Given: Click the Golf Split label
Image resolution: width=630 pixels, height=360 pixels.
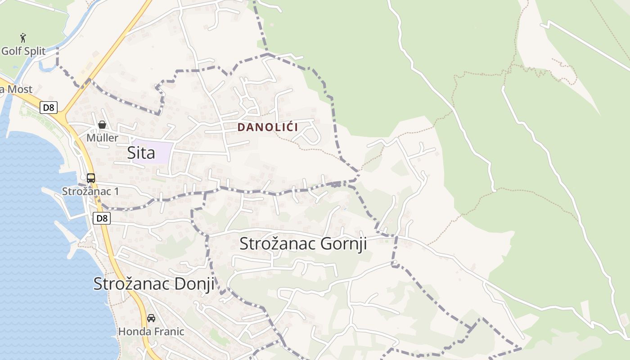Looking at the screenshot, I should click(x=23, y=51).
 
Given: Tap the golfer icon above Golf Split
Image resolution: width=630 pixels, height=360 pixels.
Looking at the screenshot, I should click(x=23, y=38).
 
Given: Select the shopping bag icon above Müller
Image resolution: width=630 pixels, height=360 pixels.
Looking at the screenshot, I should click(x=102, y=125).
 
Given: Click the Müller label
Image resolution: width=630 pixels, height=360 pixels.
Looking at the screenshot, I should click(x=102, y=138).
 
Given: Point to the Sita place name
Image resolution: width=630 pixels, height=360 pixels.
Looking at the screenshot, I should click(x=141, y=153).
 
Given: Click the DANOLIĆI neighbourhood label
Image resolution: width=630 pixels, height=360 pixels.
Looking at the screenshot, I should click(x=267, y=127).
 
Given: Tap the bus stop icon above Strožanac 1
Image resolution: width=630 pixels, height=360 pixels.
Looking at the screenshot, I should click(x=91, y=178).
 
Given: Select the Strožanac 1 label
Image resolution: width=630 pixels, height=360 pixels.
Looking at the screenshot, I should click(x=90, y=191).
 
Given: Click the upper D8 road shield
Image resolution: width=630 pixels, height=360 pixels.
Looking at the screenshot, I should click(x=48, y=108).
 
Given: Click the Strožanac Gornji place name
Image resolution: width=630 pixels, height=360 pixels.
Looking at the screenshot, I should click(x=303, y=243).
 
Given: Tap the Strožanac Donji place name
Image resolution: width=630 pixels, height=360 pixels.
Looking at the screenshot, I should click(x=153, y=284).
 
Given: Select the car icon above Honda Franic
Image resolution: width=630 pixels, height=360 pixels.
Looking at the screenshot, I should click(x=151, y=318).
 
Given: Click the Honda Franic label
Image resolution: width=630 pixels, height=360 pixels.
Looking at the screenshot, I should click(x=151, y=332).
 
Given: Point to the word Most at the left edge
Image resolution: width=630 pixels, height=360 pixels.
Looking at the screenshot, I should click(x=19, y=89).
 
